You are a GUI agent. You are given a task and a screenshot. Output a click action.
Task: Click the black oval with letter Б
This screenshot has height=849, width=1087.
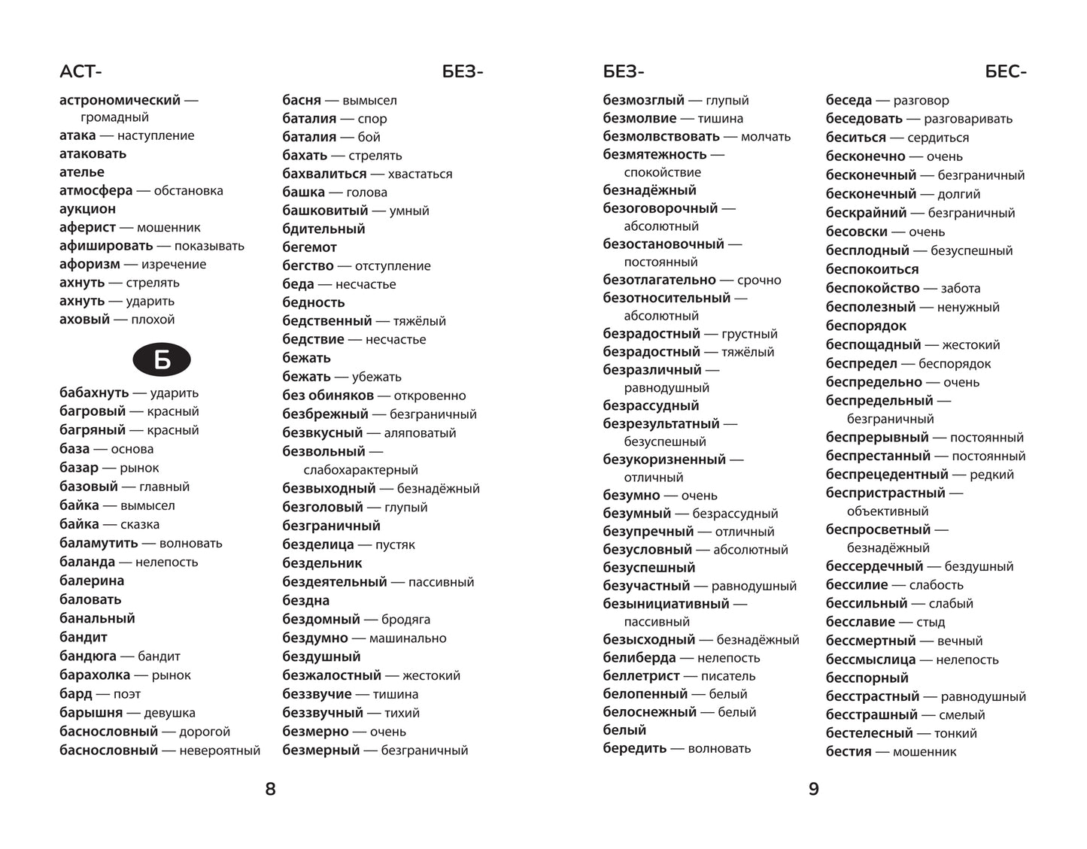[x=162, y=361]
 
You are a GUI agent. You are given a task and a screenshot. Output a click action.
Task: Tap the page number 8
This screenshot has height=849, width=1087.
[x=271, y=789]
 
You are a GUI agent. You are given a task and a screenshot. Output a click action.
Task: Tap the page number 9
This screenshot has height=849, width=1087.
[x=813, y=789]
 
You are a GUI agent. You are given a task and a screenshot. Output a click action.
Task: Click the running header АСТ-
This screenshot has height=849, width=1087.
[x=80, y=72]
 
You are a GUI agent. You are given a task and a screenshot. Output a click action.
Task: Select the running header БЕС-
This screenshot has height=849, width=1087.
[x=1005, y=72]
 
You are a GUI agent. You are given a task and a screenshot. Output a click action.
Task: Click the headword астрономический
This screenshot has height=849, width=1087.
[x=120, y=100]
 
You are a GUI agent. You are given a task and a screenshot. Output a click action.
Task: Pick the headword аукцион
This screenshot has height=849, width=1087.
[x=87, y=209]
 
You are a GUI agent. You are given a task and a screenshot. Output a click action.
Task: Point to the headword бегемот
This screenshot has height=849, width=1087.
[x=309, y=247]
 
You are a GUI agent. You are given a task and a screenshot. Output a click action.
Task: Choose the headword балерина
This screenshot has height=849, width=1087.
[x=92, y=581]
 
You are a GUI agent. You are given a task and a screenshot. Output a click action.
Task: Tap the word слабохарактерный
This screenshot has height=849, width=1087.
[x=360, y=470]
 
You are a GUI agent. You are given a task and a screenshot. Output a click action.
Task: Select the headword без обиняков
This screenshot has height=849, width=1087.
[x=328, y=396]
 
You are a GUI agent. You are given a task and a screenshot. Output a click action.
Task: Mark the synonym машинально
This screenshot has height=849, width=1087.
[x=408, y=638]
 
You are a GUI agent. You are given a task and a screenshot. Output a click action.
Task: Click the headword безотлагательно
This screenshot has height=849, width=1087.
[x=659, y=280]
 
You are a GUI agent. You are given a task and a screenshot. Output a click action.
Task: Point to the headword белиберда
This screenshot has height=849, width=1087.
[x=639, y=658]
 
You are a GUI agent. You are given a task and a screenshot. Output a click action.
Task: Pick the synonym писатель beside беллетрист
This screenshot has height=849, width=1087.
[x=728, y=676]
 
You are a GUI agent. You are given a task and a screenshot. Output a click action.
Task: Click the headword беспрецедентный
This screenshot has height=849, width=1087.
[x=887, y=475]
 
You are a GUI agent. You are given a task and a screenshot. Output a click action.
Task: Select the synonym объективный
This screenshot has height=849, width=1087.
[x=888, y=511]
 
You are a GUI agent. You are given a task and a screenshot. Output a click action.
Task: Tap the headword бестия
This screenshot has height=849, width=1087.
[x=849, y=751]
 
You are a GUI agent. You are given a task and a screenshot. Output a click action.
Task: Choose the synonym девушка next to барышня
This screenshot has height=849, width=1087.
[x=169, y=713]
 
